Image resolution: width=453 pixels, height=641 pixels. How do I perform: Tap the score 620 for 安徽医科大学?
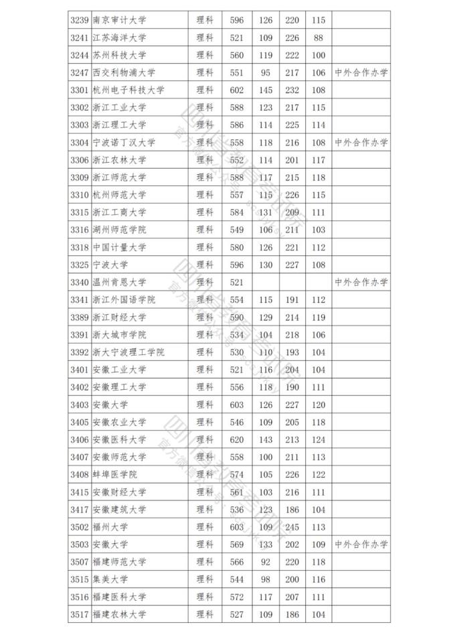(x=236, y=439)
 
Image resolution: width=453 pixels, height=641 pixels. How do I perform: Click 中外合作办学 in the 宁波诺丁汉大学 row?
(x=361, y=143)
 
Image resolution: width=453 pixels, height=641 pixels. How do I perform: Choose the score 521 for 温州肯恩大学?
(x=236, y=282)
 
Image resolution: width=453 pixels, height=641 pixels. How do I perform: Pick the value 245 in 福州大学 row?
(x=292, y=526)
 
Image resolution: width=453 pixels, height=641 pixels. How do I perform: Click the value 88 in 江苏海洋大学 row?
(x=318, y=38)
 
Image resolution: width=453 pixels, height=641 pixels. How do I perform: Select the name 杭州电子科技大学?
(x=128, y=90)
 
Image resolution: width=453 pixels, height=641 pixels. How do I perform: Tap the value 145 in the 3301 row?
(x=266, y=90)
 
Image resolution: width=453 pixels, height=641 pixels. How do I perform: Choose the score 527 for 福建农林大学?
(x=236, y=614)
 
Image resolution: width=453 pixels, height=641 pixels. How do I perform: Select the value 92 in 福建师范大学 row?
(x=266, y=561)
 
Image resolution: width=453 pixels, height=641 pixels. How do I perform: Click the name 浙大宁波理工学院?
(x=128, y=352)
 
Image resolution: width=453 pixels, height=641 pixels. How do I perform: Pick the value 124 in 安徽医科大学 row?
(x=318, y=439)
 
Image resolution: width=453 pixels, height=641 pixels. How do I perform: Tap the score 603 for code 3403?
(x=236, y=405)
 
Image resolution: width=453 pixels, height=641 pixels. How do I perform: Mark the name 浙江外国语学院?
(x=124, y=299)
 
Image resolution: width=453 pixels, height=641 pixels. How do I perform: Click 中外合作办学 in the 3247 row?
(x=361, y=72)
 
